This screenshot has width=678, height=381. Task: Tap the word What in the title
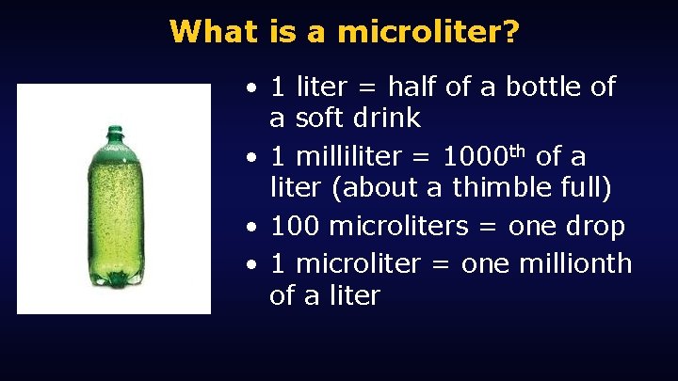213,32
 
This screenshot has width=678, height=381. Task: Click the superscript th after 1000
518,150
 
